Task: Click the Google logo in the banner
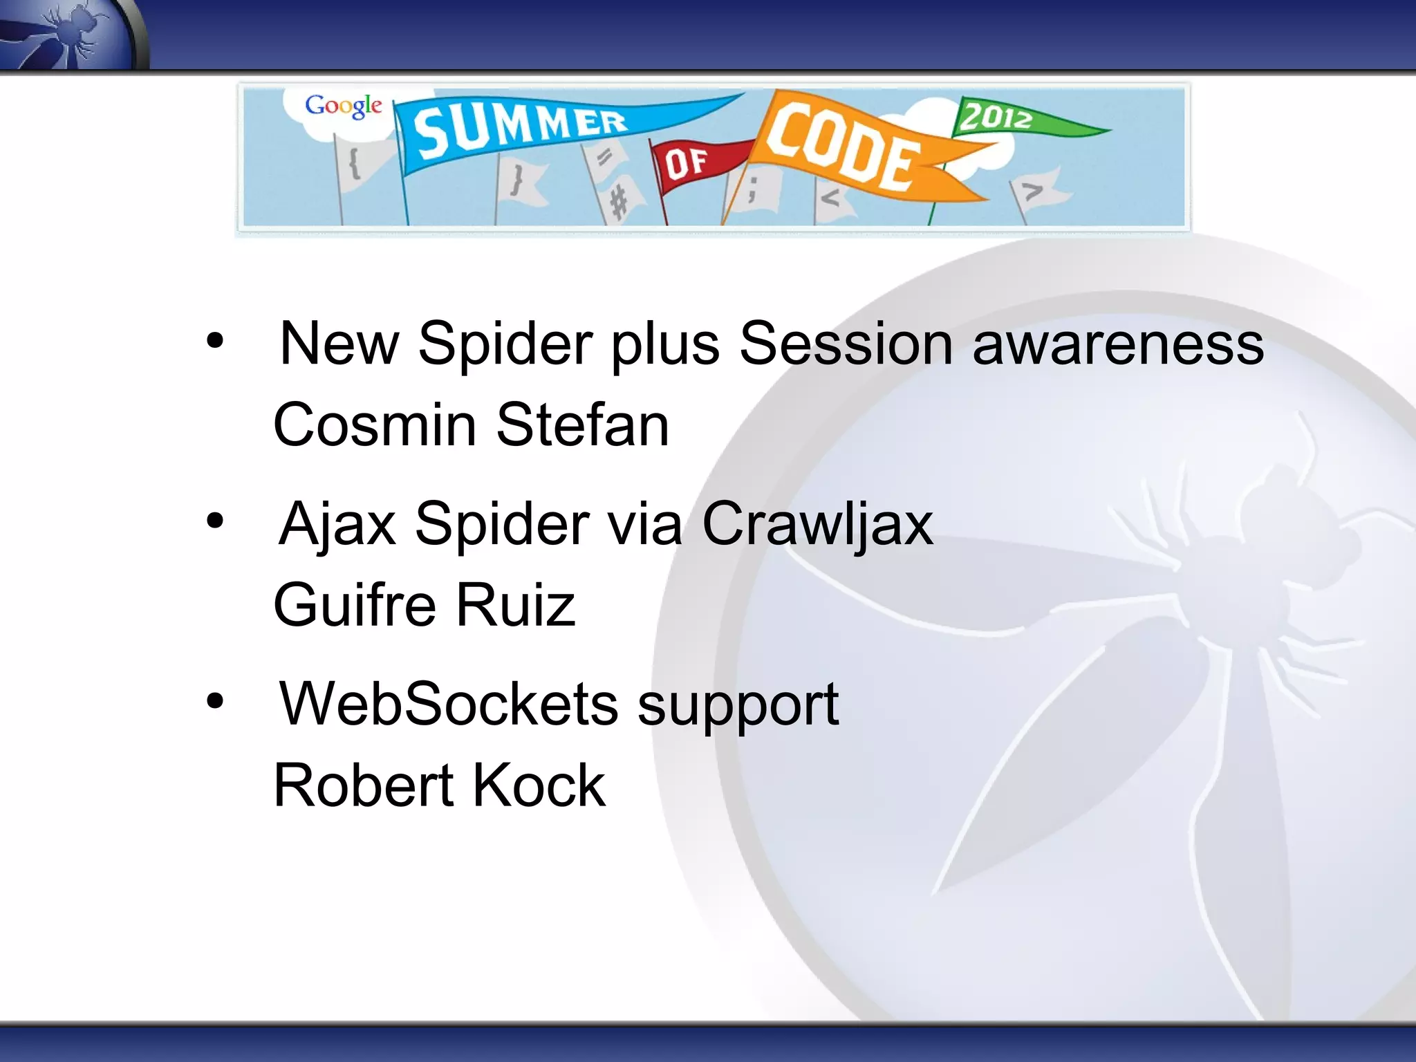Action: (x=344, y=106)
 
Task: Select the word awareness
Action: (x=1117, y=344)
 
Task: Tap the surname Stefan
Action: (x=582, y=425)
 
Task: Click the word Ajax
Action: (x=337, y=524)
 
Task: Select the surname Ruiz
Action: (x=514, y=605)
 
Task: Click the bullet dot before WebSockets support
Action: (x=215, y=700)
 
